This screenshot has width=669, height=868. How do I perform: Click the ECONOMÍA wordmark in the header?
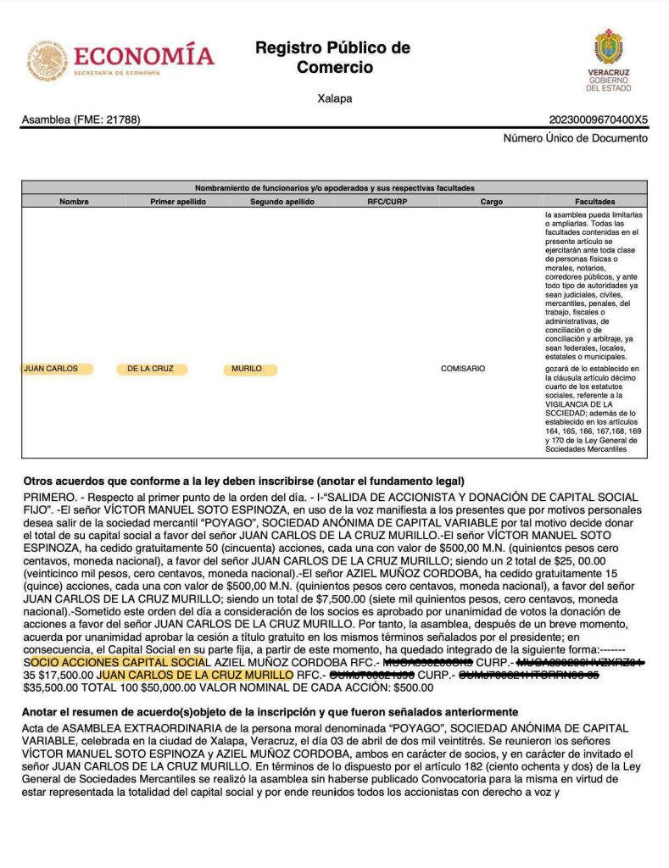click(144, 56)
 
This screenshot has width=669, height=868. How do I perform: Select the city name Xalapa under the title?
click(334, 98)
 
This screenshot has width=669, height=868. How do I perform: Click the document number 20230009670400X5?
click(599, 120)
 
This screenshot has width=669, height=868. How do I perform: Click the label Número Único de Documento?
click(576, 138)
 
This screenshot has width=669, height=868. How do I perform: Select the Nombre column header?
click(74, 202)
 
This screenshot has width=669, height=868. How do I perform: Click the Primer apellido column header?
click(178, 202)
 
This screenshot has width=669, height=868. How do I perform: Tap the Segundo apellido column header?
click(282, 202)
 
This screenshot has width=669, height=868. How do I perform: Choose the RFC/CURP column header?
click(387, 202)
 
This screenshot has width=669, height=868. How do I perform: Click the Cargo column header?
click(491, 202)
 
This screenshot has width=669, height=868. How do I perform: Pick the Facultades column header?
click(594, 202)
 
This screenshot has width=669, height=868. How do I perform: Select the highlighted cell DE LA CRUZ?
click(151, 369)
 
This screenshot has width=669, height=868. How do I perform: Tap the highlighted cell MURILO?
click(247, 369)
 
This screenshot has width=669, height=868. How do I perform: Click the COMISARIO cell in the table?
click(463, 369)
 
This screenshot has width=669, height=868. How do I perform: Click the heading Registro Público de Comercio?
click(333, 57)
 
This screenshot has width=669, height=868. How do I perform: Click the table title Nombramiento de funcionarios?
click(335, 187)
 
